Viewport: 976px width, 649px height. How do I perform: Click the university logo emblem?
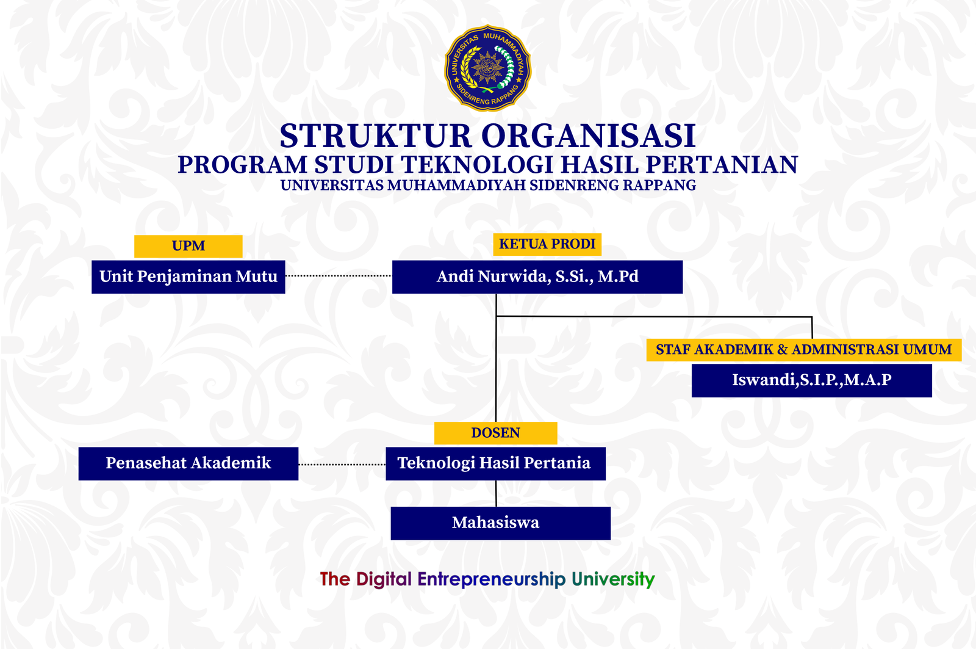click(487, 68)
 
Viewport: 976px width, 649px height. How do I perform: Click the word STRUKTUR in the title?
click(376, 136)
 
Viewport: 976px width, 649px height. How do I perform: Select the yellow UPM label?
click(188, 246)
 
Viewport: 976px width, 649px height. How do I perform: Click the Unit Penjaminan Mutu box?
click(188, 277)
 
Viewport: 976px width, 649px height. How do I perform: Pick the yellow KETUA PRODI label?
click(547, 244)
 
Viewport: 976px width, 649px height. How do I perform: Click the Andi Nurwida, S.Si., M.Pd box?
click(537, 277)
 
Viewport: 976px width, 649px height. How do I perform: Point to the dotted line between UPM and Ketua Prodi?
click(339, 275)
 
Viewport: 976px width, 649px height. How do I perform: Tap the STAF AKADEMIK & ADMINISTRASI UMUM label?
click(804, 350)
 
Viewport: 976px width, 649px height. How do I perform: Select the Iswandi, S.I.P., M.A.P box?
click(812, 380)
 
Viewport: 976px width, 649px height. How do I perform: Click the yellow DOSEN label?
click(496, 433)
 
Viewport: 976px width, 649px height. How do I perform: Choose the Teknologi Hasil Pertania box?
click(495, 463)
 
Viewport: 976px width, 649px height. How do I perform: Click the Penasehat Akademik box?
click(188, 463)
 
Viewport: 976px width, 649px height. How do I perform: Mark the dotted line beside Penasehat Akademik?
click(342, 465)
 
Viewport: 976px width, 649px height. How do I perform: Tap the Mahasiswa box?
click(501, 523)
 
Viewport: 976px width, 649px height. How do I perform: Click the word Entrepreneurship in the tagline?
click(492, 579)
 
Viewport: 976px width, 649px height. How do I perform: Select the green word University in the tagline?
click(613, 579)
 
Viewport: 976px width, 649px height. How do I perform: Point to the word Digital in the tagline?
click(384, 579)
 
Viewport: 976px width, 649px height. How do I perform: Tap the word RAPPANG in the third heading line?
click(659, 186)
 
